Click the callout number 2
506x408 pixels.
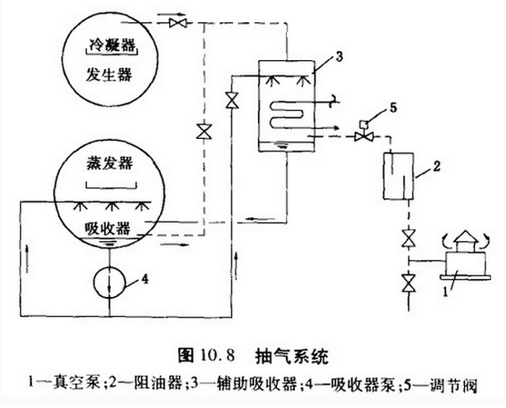pos(439,163)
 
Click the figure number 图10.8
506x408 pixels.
pos(205,355)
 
